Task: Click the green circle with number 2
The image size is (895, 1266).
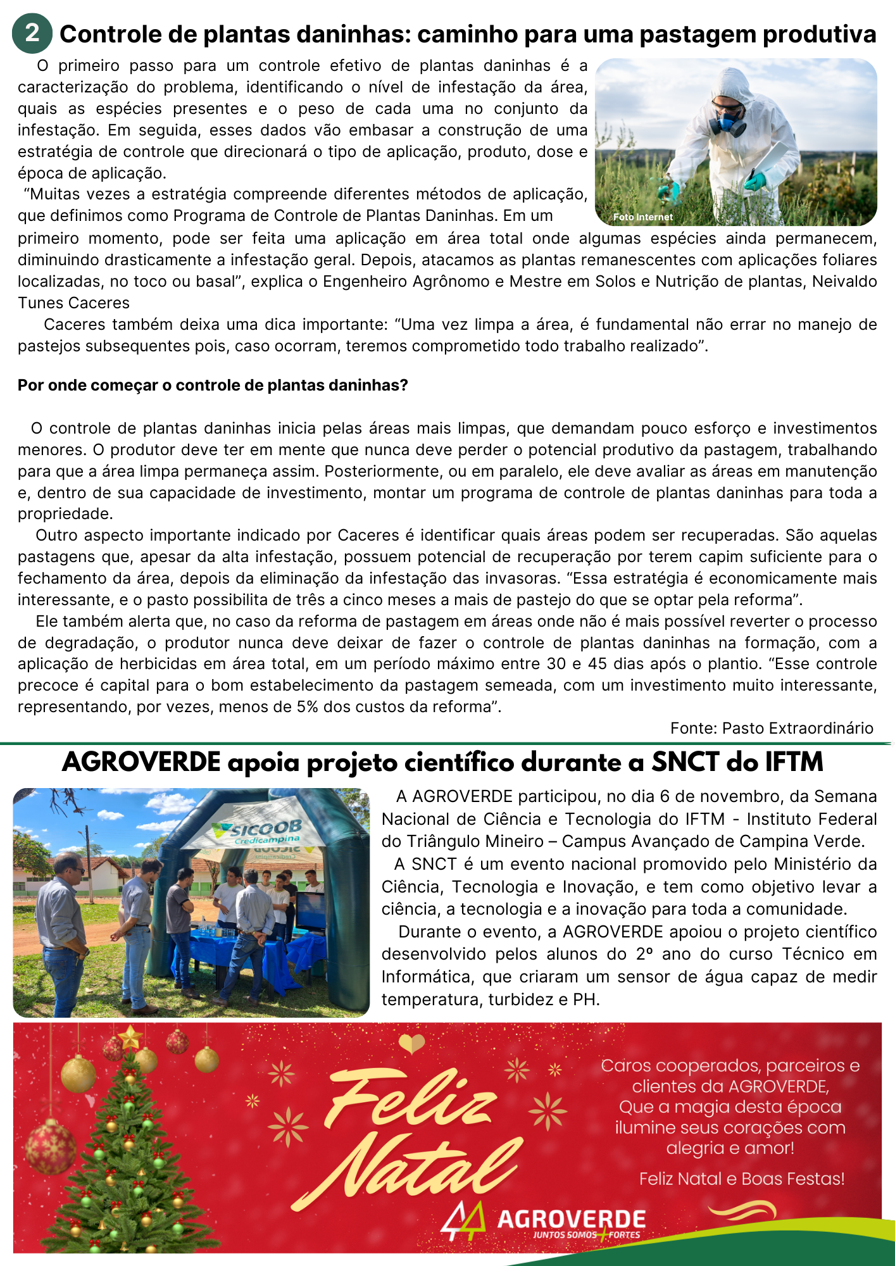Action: [x=32, y=33]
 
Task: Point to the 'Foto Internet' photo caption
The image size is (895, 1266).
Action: [x=642, y=217]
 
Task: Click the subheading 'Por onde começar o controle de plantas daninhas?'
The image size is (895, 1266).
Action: [x=213, y=385]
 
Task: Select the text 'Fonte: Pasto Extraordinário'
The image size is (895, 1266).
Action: [x=772, y=729]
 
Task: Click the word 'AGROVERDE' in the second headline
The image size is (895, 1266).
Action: [x=141, y=762]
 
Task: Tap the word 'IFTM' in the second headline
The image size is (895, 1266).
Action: [x=794, y=762]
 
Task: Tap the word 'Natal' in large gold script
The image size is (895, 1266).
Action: [x=411, y=1171]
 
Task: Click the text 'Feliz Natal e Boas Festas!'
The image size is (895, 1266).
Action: [x=742, y=1179]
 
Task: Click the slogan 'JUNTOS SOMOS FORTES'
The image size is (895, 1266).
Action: [x=586, y=1235]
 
